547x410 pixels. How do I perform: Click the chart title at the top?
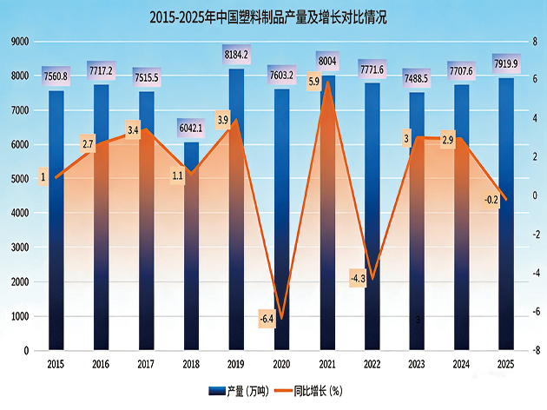pos(273,16)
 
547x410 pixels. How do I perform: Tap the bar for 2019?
pos(236,217)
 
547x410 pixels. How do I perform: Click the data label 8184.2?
pos(236,56)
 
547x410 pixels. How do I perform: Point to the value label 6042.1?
pos(191,128)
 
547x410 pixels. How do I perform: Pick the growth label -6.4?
pos(267,319)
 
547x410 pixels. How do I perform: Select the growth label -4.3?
pos(358,279)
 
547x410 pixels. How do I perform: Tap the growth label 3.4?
pos(133,130)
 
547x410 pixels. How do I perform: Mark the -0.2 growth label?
pos(491,200)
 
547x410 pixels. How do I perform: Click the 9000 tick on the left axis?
pos(20,41)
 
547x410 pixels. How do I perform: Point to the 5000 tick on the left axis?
pos(20,179)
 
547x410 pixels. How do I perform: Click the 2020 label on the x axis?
pos(281,366)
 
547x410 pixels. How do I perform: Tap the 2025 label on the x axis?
pos(507,366)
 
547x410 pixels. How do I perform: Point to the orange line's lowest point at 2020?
pos(281,319)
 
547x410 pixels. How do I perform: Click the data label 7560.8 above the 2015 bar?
pos(56,76)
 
